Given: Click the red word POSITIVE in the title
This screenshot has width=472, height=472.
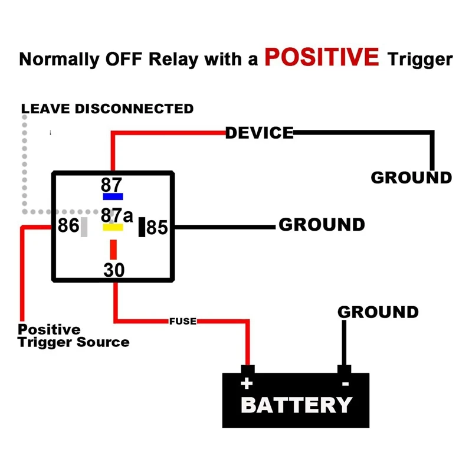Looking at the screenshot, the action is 322,57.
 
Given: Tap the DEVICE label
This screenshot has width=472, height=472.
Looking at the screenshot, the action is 260,133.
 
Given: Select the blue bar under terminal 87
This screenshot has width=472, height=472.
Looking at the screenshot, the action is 113,196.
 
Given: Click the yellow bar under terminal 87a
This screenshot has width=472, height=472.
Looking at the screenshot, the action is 113,227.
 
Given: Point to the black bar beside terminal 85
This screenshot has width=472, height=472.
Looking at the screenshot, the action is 142,227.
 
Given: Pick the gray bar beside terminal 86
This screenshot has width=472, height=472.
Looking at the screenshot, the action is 84,227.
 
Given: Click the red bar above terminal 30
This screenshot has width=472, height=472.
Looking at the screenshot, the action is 113,250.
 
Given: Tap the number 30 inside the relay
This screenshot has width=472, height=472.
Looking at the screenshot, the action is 114,270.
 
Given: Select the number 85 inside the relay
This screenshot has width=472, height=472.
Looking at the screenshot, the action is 157,227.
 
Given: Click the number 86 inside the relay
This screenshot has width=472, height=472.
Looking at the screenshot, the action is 68,225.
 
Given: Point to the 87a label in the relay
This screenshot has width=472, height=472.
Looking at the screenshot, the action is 117,215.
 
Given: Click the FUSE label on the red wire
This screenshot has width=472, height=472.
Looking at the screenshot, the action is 183,321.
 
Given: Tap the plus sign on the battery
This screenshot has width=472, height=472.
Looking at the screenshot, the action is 247,383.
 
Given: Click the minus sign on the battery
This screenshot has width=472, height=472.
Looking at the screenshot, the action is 346,384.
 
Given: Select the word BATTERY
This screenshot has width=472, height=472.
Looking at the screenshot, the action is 297,405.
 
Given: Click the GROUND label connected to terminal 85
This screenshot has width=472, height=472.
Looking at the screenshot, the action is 322,225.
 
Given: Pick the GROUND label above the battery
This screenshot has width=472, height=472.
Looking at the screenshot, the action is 378,312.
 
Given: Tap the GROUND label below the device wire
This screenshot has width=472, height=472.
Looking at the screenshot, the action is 411,178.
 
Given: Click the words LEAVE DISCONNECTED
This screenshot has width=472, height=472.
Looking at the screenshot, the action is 107,109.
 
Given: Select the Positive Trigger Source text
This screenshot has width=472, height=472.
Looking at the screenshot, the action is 73,336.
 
